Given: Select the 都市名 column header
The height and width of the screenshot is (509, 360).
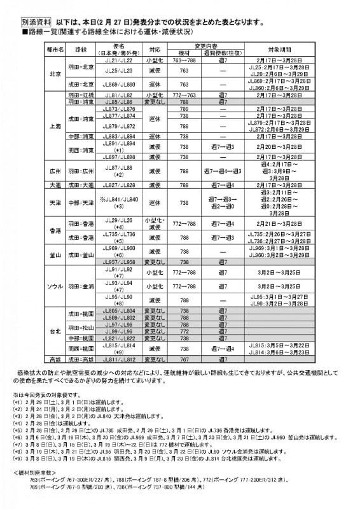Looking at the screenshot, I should click(x=55, y=48).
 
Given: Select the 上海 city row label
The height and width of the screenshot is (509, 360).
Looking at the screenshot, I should click(x=55, y=126).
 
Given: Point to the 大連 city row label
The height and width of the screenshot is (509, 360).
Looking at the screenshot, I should click(x=55, y=185).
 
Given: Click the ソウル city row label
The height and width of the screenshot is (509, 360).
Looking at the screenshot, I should click(x=55, y=286).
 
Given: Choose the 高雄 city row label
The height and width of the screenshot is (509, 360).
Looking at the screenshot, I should click(x=55, y=359).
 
